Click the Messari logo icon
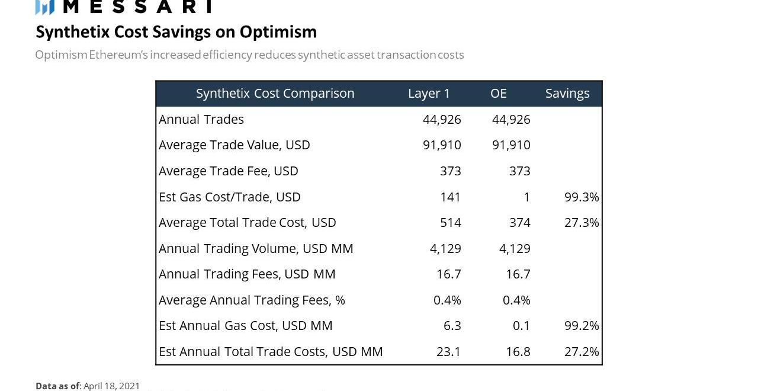click(x=45, y=7)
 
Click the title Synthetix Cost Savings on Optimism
click(x=176, y=31)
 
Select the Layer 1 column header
click(x=429, y=94)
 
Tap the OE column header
click(x=499, y=94)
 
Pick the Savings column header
click(x=567, y=94)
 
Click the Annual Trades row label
click(x=201, y=120)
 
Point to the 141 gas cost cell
click(x=451, y=197)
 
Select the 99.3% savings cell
click(x=582, y=197)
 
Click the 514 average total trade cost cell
click(x=451, y=223)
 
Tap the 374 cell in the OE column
click(x=520, y=223)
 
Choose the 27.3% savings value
click(x=582, y=223)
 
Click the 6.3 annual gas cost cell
click(x=452, y=326)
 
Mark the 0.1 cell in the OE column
click(x=521, y=326)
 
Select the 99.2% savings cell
click(x=582, y=326)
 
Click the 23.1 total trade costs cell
click(x=448, y=352)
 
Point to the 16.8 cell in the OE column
click(x=518, y=352)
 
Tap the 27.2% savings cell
click(x=582, y=352)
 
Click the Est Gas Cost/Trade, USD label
click(x=230, y=197)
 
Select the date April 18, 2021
click(x=111, y=386)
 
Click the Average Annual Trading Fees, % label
click(x=252, y=300)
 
